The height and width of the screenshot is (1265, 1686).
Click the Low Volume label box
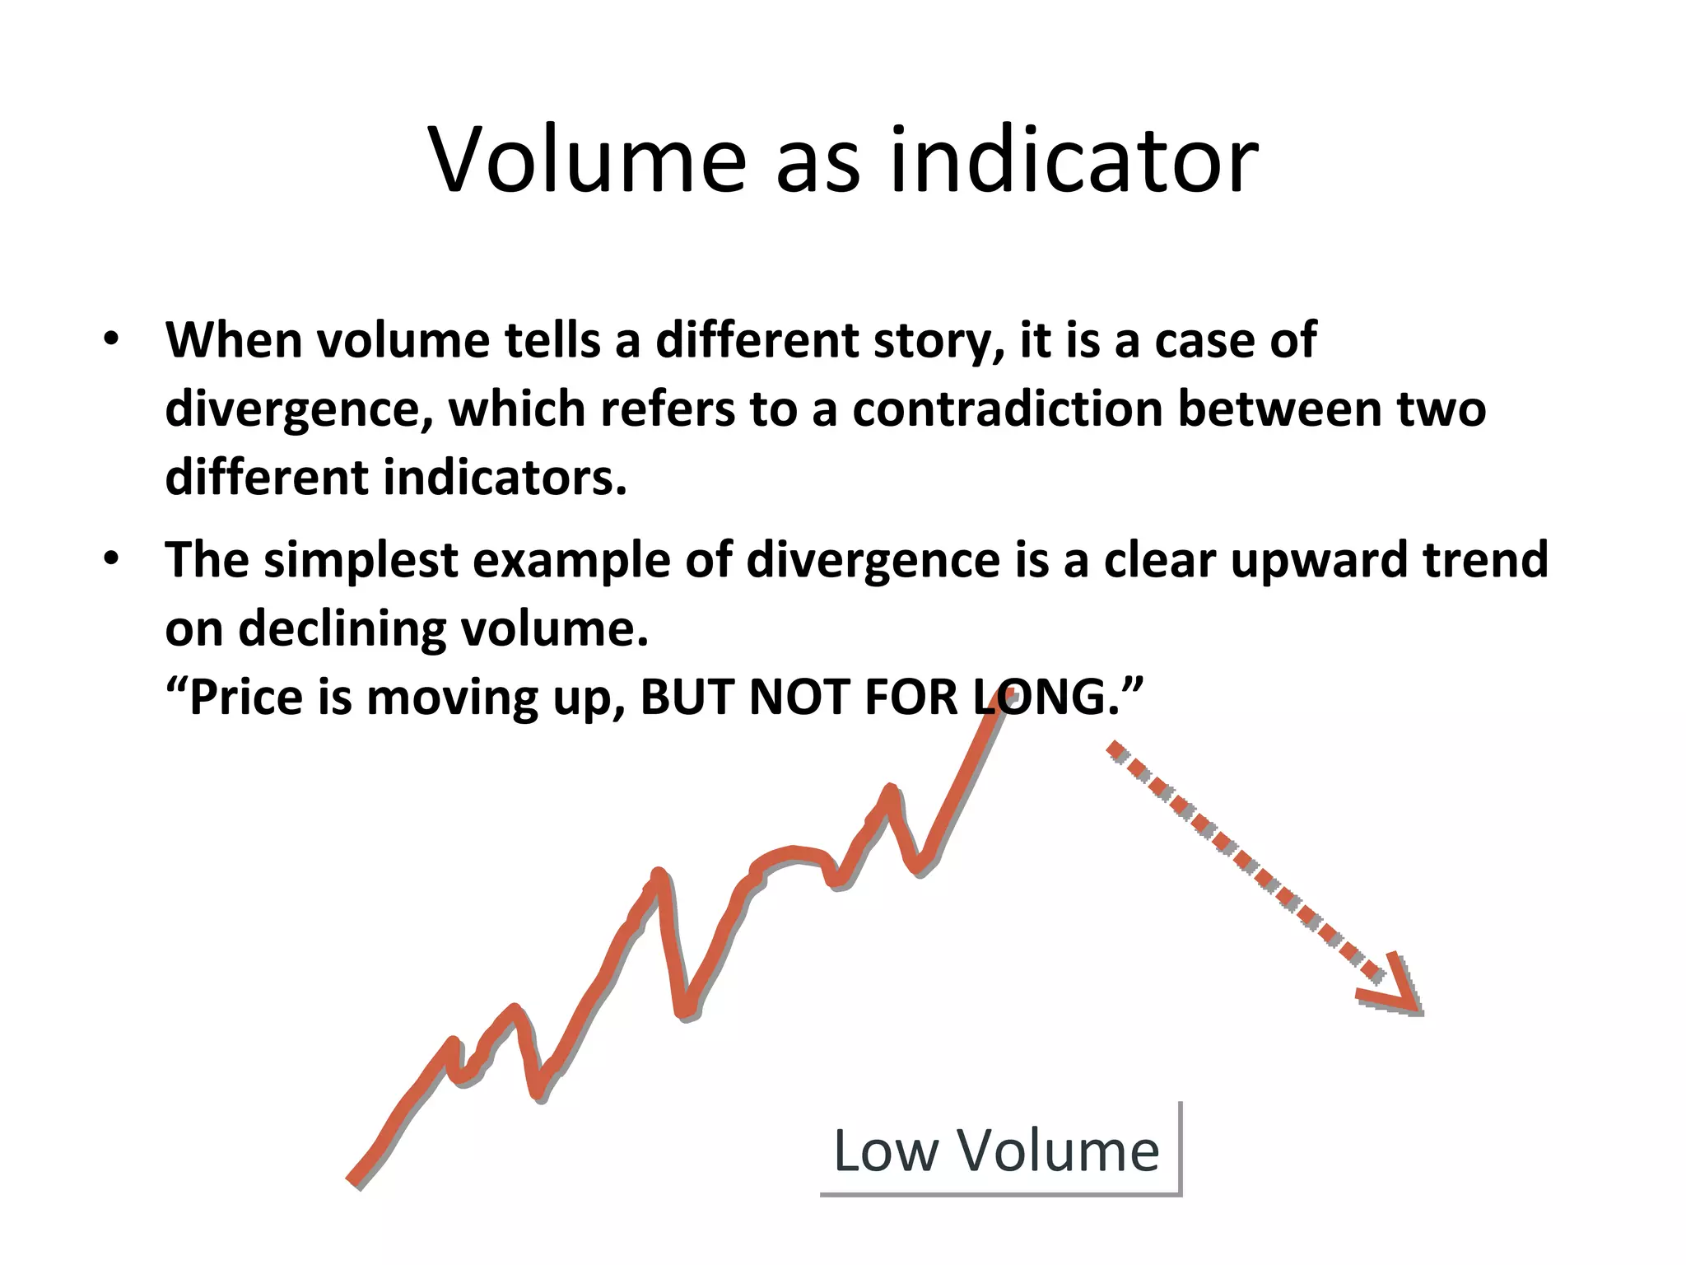point(998,1151)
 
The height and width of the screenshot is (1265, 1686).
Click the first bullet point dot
point(111,340)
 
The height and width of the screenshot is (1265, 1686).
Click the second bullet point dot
point(111,559)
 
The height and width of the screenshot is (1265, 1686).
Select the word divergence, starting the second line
point(299,410)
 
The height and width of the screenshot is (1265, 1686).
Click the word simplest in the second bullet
point(361,560)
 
